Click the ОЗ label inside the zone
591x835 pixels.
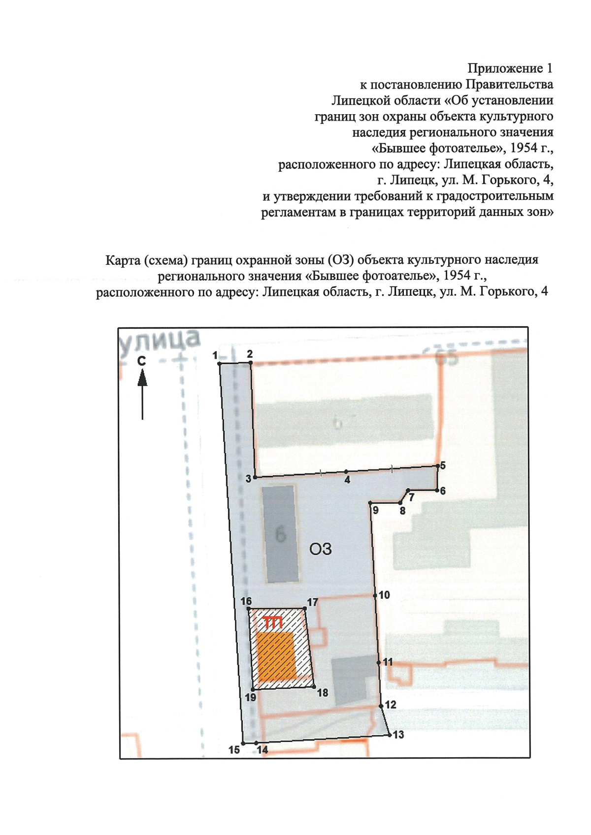(x=321, y=549)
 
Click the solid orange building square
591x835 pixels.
(x=276, y=656)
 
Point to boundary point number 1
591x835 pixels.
(x=219, y=363)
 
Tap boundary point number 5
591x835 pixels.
(x=437, y=465)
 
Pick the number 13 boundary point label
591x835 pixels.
(x=398, y=735)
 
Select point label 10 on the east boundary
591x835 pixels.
(x=384, y=595)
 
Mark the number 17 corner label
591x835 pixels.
(x=313, y=602)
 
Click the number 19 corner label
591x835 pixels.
(x=250, y=697)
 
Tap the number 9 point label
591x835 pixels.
(x=375, y=510)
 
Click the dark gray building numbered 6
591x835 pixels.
(x=281, y=534)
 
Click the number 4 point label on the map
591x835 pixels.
(x=347, y=480)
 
